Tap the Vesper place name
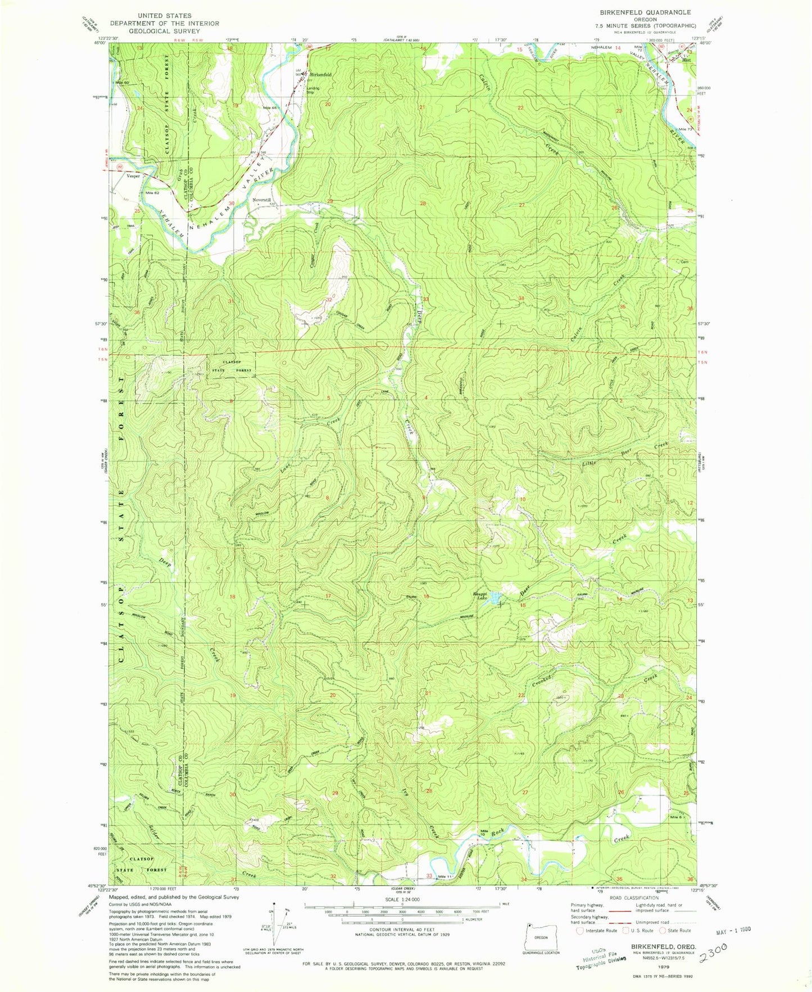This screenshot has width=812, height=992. pyautogui.click(x=133, y=176)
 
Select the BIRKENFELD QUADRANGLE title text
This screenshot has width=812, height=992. pyautogui.click(x=661, y=12)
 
